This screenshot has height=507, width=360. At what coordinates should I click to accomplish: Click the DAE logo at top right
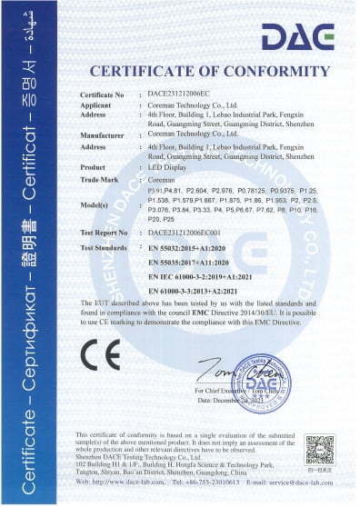point(296,37)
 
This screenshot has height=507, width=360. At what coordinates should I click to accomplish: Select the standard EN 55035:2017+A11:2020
point(191,261)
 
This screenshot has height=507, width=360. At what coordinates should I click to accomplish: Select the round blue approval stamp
point(265,377)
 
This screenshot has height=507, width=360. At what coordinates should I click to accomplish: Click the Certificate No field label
point(102,94)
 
